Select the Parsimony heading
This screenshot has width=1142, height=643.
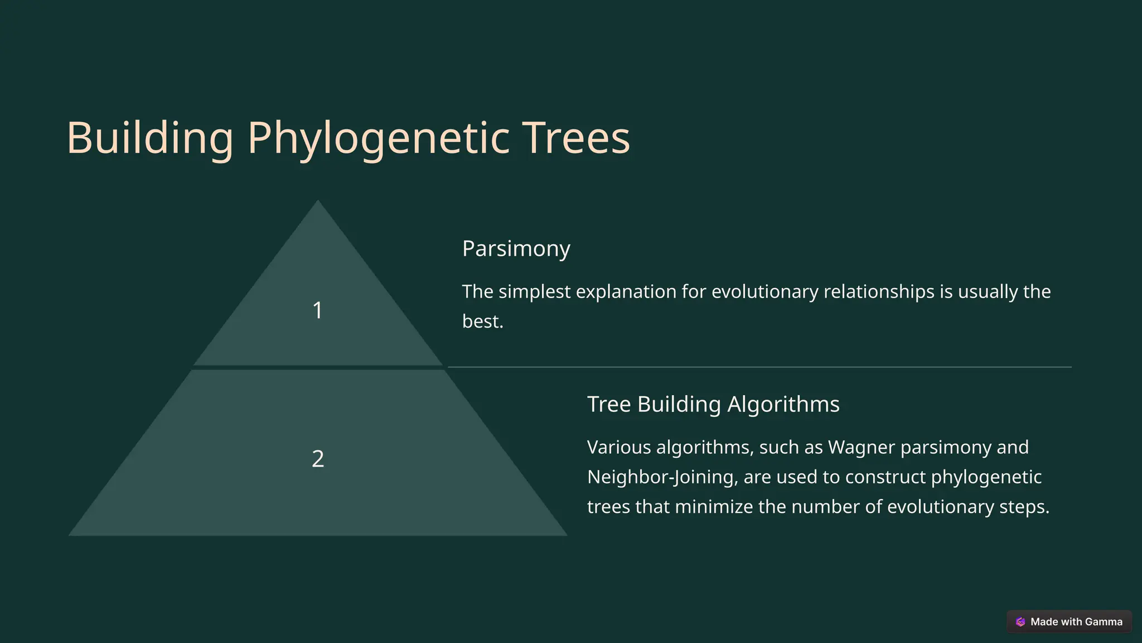tap(516, 248)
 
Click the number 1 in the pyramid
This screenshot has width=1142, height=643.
tap(317, 310)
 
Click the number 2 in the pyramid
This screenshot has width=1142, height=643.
tap(317, 459)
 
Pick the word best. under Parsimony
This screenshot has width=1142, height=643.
tap(482, 321)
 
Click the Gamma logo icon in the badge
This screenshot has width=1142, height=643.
tap(1020, 622)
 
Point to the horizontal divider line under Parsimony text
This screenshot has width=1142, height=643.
tap(758, 367)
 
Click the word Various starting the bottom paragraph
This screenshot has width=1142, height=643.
tap(618, 447)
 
